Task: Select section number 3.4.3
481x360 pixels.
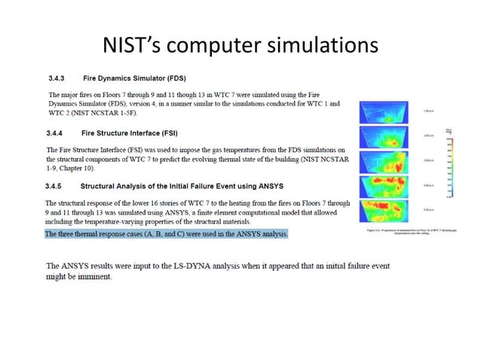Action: click(x=59, y=78)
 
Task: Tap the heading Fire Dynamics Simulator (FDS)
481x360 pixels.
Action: click(x=135, y=78)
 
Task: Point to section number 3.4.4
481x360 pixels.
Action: click(x=59, y=132)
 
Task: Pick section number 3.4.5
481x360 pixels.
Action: click(x=59, y=184)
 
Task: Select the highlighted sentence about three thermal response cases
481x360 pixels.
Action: click(x=166, y=234)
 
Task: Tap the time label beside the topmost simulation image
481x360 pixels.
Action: click(x=429, y=111)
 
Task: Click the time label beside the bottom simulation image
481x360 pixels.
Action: click(x=429, y=209)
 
